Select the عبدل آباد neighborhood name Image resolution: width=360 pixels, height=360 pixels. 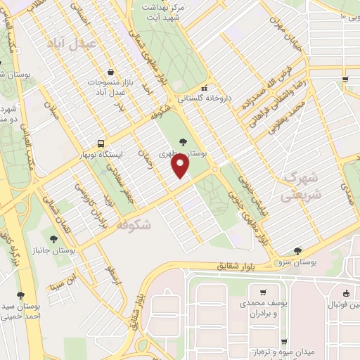click(x=69, y=43)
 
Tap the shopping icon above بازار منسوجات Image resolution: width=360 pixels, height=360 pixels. click(x=110, y=72)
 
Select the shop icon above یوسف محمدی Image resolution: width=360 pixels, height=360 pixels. click(x=263, y=292)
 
